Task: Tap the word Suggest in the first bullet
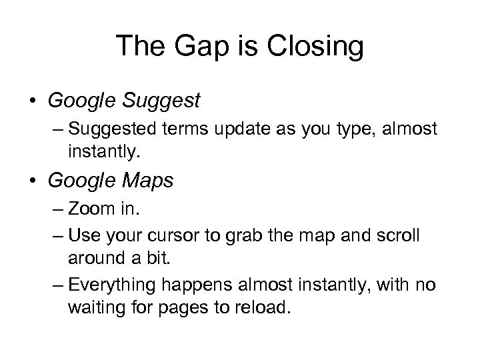pyautogui.click(x=163, y=101)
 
